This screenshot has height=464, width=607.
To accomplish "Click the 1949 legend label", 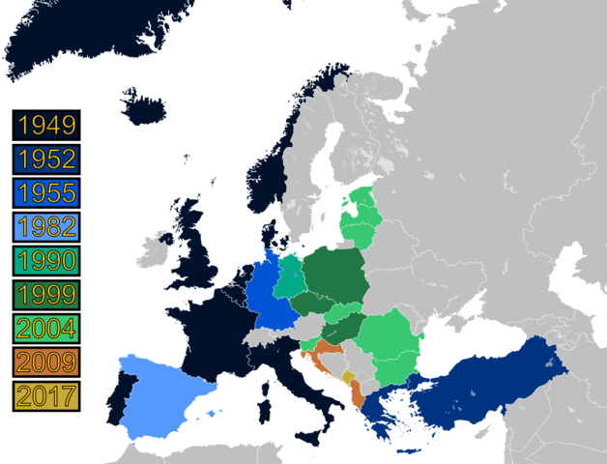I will coord(46,126).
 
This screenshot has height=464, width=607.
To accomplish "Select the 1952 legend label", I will coord(46,159).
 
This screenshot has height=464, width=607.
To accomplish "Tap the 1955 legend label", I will coord(46,193).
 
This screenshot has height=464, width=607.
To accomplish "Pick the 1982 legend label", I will coord(46,227).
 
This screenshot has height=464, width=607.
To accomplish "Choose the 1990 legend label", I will coord(46,261).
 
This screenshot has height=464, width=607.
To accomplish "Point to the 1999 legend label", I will coord(46,295).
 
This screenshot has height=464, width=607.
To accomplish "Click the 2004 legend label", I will coord(46,329).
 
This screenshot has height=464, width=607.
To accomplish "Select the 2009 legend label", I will coord(46,362).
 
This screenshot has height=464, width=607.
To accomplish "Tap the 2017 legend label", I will coord(46,395).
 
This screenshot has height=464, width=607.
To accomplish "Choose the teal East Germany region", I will coord(289,275).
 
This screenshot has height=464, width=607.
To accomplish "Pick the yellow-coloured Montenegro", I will coord(348,378).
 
